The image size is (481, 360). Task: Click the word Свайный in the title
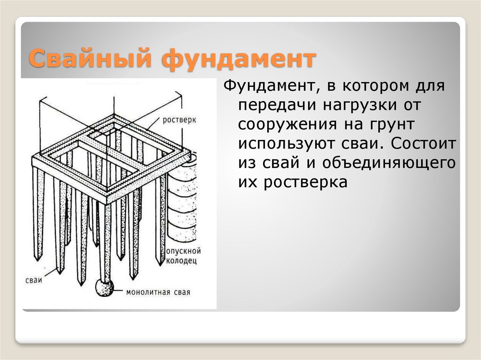coord(90,58)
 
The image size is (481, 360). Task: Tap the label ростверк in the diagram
coord(179,120)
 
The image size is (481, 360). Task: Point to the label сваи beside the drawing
coord(34,280)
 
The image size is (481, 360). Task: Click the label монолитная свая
coord(158,292)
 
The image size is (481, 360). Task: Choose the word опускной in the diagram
coord(184,251)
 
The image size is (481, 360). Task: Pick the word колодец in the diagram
coord(181,261)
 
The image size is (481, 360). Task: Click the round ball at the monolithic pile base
coord(104,288)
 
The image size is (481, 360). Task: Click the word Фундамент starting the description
coord(270,85)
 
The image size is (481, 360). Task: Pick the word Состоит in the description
coord(423,144)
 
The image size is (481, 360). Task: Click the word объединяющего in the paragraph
coord(389,163)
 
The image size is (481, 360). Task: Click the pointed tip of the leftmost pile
coord(38,260)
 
